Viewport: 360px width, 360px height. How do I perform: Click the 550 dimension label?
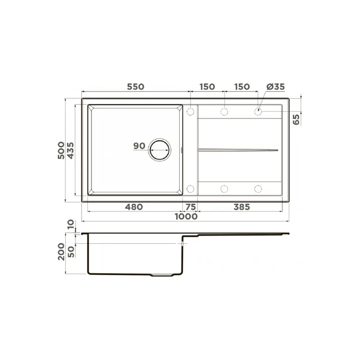click(136, 87)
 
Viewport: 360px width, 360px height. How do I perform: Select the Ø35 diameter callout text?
click(275, 87)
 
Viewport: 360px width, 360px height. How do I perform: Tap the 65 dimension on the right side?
click(296, 120)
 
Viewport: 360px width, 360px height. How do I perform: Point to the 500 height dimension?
click(61, 150)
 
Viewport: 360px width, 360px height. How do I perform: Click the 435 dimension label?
click(71, 150)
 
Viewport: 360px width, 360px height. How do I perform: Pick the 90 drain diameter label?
click(139, 146)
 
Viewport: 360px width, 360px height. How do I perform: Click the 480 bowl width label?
click(134, 207)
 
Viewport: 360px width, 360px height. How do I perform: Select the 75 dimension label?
click(191, 207)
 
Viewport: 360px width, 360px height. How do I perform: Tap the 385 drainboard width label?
click(242, 207)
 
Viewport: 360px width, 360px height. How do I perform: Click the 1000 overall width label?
click(186, 216)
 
